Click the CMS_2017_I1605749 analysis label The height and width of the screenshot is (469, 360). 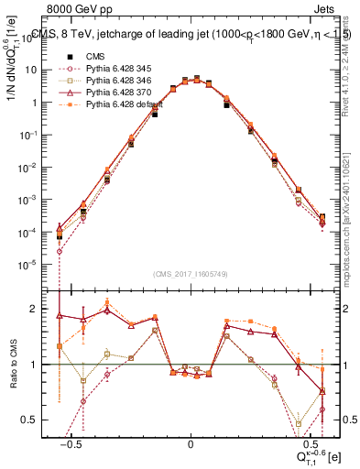(x=191, y=273)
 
